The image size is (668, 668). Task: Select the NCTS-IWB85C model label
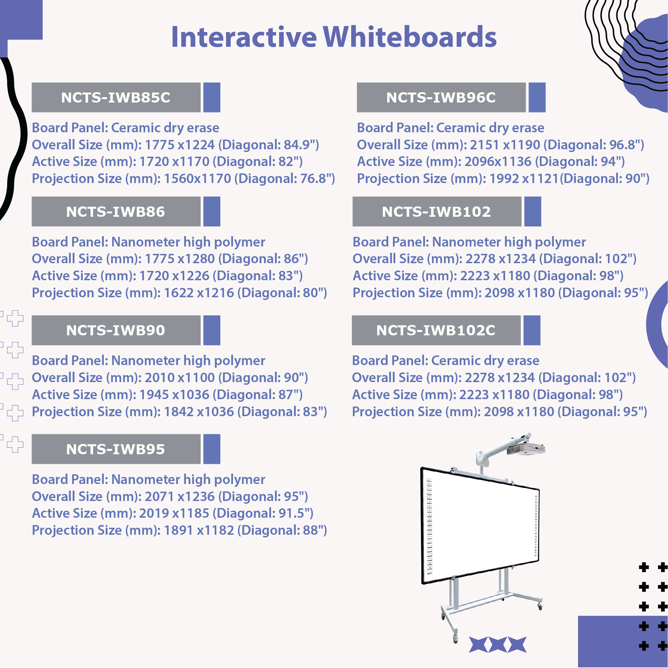click(x=116, y=98)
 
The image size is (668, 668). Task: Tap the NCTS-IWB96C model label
click(x=441, y=98)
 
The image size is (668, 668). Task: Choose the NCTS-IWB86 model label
click(x=116, y=212)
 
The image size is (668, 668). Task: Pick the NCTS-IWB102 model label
click(x=436, y=212)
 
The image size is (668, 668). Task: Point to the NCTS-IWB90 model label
click(x=116, y=330)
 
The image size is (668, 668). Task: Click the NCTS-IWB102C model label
click(x=436, y=330)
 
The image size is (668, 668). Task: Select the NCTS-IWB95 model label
click(x=116, y=449)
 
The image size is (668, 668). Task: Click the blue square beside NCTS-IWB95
click(x=212, y=449)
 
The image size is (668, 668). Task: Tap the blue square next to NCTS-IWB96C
click(x=537, y=98)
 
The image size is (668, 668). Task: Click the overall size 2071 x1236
click(x=180, y=496)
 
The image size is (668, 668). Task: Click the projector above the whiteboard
click(x=525, y=449)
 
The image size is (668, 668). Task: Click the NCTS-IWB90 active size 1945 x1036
click(x=174, y=395)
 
